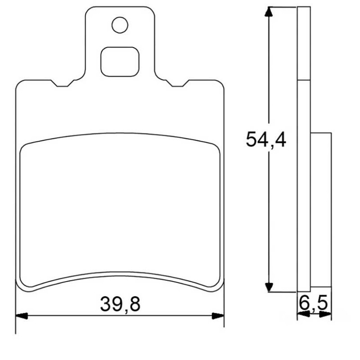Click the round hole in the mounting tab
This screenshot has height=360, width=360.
point(120,25)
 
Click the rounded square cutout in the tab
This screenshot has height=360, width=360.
point(120,62)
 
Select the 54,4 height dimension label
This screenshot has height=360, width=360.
point(266,139)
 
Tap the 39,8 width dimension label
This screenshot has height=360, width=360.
point(120,304)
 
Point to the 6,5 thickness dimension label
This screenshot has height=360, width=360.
point(313,303)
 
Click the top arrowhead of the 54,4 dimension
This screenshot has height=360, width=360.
point(269,12)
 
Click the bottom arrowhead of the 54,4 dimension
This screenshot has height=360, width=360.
point(269,287)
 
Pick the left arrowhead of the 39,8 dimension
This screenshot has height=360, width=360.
point(22,316)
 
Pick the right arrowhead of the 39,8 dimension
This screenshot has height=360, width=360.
point(218,316)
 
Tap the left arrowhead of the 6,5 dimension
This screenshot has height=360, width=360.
point(303,314)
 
